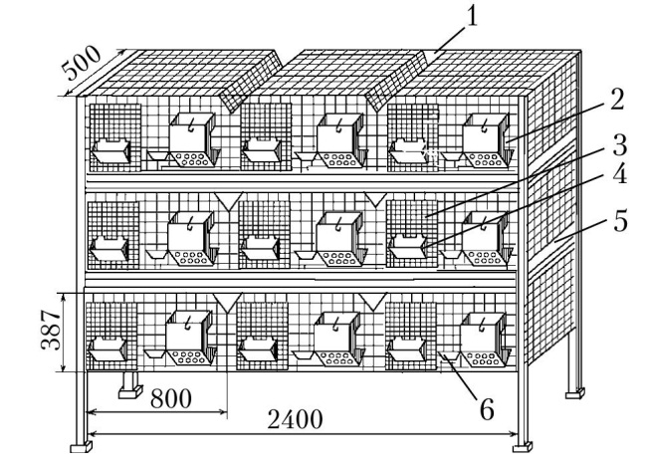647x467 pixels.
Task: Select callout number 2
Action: click(x=617, y=100)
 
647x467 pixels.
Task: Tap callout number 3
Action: click(x=619, y=144)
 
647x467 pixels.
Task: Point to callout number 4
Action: click(x=619, y=173)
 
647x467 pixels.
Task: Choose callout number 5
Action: click(x=620, y=221)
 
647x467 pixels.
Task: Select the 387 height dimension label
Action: click(x=51, y=329)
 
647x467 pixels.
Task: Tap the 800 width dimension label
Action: click(x=171, y=399)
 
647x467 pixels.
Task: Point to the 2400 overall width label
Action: click(x=295, y=419)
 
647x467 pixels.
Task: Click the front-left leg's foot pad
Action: click(x=81, y=447)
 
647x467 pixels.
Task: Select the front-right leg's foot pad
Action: click(x=523, y=447)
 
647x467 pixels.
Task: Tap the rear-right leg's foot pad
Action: click(x=574, y=393)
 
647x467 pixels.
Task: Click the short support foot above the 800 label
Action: click(x=130, y=385)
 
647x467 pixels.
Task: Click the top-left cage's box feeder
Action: click(x=193, y=140)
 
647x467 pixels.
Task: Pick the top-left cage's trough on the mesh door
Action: click(x=111, y=151)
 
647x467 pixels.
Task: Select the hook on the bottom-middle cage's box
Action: click(x=336, y=323)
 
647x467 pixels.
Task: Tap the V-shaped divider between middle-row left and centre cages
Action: click(x=228, y=201)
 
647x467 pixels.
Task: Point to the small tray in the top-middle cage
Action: click(x=306, y=156)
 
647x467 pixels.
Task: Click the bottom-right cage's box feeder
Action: click(x=486, y=340)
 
